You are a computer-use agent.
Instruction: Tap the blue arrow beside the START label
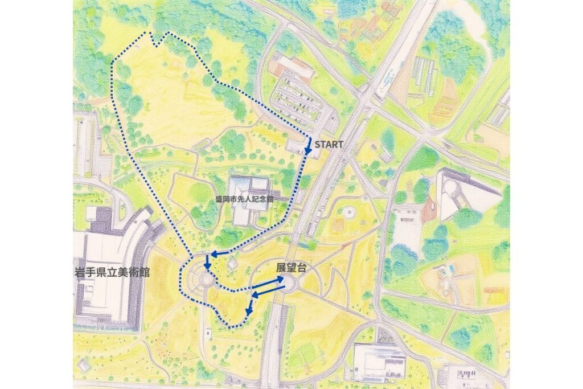[308, 146]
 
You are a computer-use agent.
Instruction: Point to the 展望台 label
[288, 267]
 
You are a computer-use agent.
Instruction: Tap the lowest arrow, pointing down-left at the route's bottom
[249, 308]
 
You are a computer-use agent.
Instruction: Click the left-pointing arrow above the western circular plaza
[220, 253]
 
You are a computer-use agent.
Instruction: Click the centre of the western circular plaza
[204, 280]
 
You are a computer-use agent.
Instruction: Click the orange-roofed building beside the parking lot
[291, 67]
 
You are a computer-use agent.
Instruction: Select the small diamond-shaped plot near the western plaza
[232, 264]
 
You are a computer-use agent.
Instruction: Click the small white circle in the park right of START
[348, 212]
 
